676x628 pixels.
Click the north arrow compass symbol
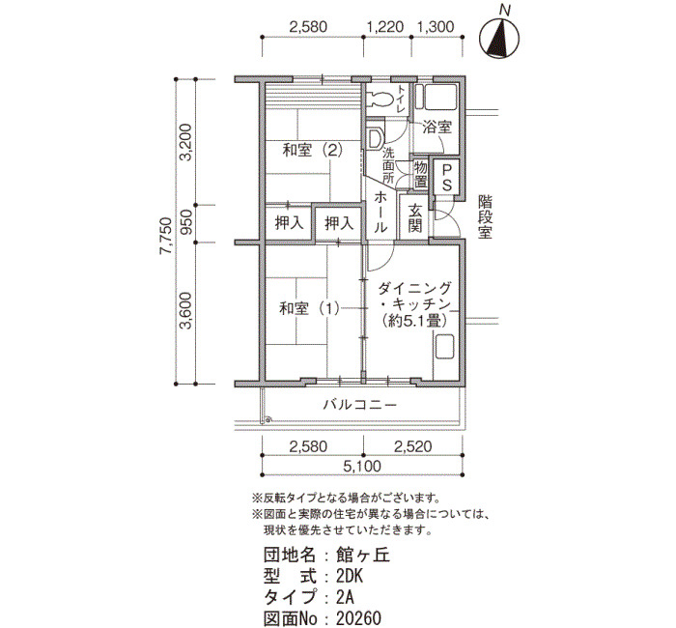click(x=499, y=39)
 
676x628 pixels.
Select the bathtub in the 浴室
click(x=440, y=98)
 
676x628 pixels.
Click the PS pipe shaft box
click(x=446, y=177)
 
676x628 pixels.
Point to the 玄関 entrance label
click(x=414, y=217)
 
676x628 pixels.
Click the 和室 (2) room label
click(x=312, y=150)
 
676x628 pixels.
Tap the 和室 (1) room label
click(x=309, y=308)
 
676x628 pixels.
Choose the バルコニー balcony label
click(x=359, y=405)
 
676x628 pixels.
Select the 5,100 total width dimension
click(x=362, y=466)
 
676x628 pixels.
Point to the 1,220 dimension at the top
click(x=385, y=27)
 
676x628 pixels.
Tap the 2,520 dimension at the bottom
click(x=412, y=446)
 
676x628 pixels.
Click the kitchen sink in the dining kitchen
click(x=445, y=347)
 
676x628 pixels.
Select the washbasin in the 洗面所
click(x=375, y=138)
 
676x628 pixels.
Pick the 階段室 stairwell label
click(x=485, y=217)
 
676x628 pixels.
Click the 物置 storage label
click(x=420, y=174)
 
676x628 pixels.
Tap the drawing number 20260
click(x=358, y=618)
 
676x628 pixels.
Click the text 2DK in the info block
click(x=350, y=577)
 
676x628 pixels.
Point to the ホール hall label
click(x=380, y=213)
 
